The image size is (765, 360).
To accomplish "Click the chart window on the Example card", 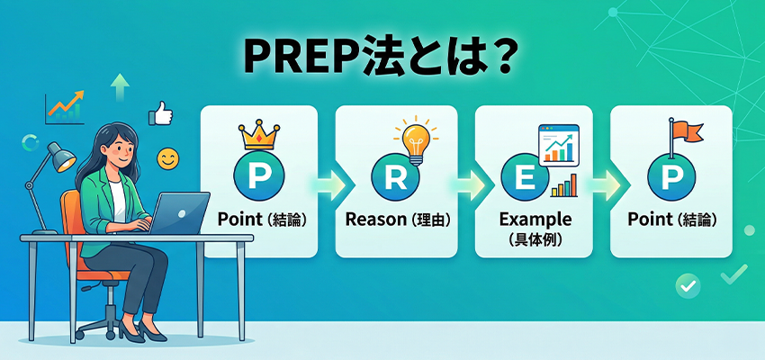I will (557, 145).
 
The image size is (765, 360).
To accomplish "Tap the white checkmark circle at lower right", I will (688, 285).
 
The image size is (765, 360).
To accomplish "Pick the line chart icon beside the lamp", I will (64, 109).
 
